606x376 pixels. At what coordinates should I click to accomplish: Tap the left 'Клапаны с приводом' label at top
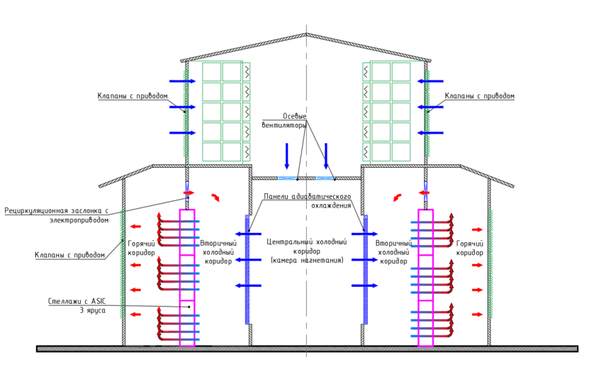click(x=133, y=96)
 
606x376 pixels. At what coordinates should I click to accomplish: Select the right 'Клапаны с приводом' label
click(x=479, y=96)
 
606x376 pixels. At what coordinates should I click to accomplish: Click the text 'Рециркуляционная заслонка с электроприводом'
click(x=57, y=215)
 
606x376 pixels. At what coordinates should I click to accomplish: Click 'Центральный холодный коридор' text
click(x=306, y=251)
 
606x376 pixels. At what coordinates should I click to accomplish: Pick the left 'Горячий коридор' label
click(x=140, y=248)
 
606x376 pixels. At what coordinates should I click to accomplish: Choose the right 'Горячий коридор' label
click(x=469, y=248)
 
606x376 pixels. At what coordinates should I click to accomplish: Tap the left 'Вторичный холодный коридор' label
click(x=218, y=251)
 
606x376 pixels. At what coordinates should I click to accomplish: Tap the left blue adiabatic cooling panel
click(x=247, y=269)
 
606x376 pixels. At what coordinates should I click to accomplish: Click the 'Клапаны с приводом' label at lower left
click(x=69, y=255)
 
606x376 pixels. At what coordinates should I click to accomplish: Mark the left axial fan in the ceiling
click(x=288, y=178)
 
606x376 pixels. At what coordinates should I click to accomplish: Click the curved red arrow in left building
click(x=215, y=197)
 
